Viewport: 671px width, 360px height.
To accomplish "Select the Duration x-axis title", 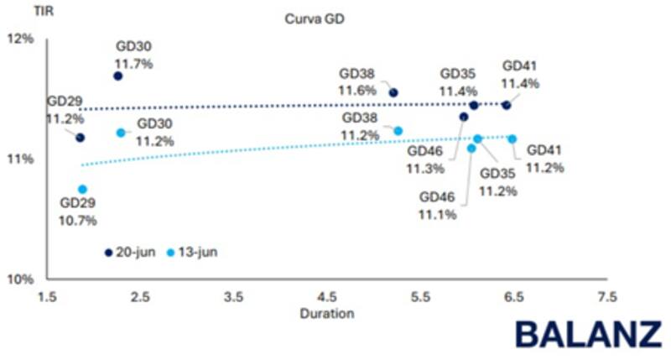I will [326, 314].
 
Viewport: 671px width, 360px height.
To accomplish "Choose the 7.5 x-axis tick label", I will [606, 296].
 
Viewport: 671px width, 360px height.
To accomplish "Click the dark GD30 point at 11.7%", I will [118, 76].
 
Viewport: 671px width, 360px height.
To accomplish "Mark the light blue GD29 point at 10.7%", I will [82, 190].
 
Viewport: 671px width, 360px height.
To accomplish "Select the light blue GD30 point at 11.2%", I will [121, 133].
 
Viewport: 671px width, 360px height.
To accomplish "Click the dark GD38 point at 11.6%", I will [393, 92].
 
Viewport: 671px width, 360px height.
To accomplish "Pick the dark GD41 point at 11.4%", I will [506, 104].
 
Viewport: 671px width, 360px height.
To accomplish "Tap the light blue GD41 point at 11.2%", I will [512, 138].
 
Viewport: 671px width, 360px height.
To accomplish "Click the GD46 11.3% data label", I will [425, 160].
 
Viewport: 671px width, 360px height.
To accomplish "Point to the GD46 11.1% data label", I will [437, 206].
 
